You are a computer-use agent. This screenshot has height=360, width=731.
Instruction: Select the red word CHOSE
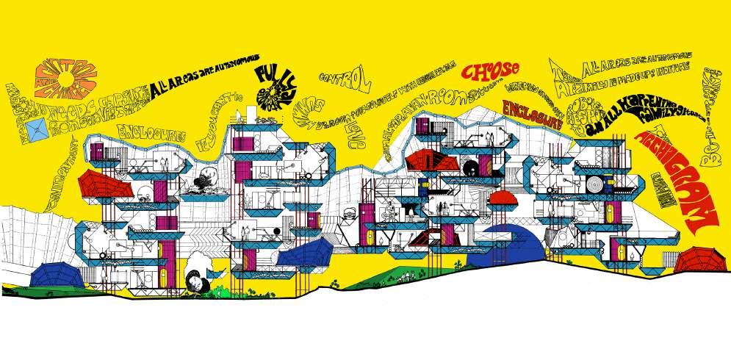point(491,71)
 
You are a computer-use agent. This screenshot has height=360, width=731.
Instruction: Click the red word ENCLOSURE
point(532,115)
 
